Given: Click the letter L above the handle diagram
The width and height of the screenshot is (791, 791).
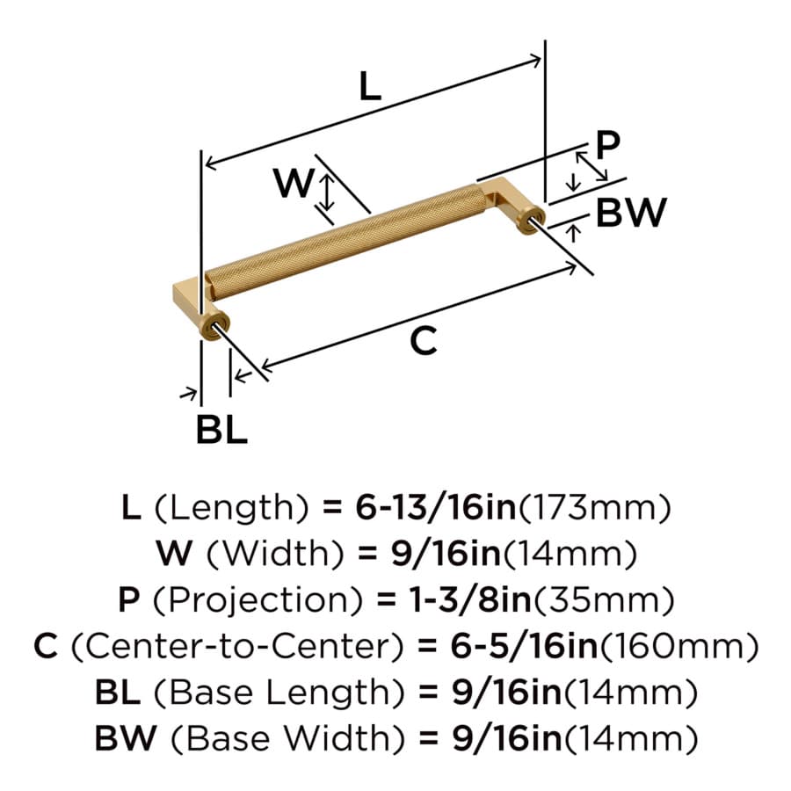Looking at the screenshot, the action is [x=370, y=86].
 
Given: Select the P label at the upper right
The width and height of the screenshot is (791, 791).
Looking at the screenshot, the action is [x=608, y=145].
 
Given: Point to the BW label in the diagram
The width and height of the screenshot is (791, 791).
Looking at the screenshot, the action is [x=631, y=213].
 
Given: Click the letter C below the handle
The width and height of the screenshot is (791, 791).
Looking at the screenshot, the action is [x=424, y=341].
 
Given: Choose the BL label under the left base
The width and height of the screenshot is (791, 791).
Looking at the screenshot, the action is [x=221, y=429].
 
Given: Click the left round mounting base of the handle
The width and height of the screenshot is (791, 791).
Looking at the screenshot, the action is [x=218, y=325].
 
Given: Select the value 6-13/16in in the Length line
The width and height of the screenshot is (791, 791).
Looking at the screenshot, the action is [x=436, y=507].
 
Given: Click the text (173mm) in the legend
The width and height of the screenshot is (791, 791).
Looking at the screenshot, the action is [x=595, y=508].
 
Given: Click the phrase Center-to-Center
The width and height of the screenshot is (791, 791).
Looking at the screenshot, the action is [x=237, y=646].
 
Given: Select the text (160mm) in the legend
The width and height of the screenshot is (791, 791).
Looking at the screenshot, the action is [x=678, y=647].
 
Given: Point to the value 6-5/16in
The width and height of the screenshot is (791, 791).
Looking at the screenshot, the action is [x=524, y=646].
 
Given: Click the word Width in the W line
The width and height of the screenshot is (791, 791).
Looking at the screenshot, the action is [x=276, y=554].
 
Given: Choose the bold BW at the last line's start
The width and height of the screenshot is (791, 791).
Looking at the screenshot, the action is [x=126, y=738].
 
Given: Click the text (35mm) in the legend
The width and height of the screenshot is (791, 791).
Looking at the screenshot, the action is [x=604, y=600].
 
